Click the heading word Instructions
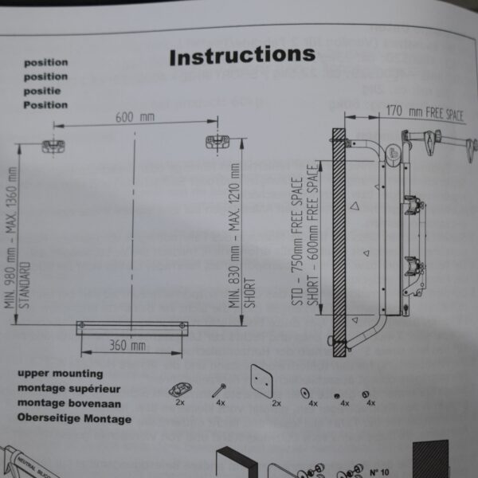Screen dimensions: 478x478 pos(241,56)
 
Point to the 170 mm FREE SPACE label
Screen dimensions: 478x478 pos(424,112)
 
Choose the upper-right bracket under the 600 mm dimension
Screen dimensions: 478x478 pos(216,142)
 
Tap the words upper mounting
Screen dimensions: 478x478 pos(60,373)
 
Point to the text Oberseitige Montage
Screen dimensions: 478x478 pos(74,418)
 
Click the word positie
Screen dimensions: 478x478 pos(45,91)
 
